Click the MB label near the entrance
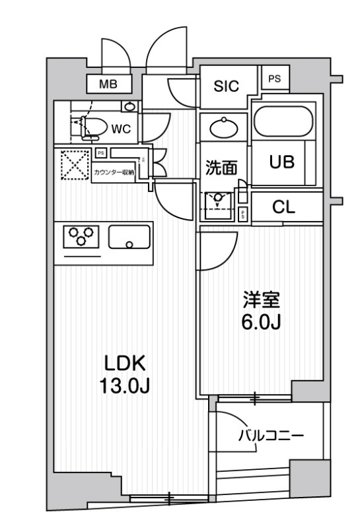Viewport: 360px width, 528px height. [x=109, y=84]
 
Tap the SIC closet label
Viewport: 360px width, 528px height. [x=226, y=85]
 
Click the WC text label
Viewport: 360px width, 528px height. [x=120, y=129]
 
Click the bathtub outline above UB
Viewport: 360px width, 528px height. [x=287, y=121]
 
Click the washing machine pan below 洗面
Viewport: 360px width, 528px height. [x=219, y=204]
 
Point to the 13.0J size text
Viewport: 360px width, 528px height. [x=123, y=385]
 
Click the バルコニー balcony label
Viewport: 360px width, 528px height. [x=270, y=436]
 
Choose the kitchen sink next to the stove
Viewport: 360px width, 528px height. [x=129, y=236]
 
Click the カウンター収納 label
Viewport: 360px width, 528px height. [x=114, y=172]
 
